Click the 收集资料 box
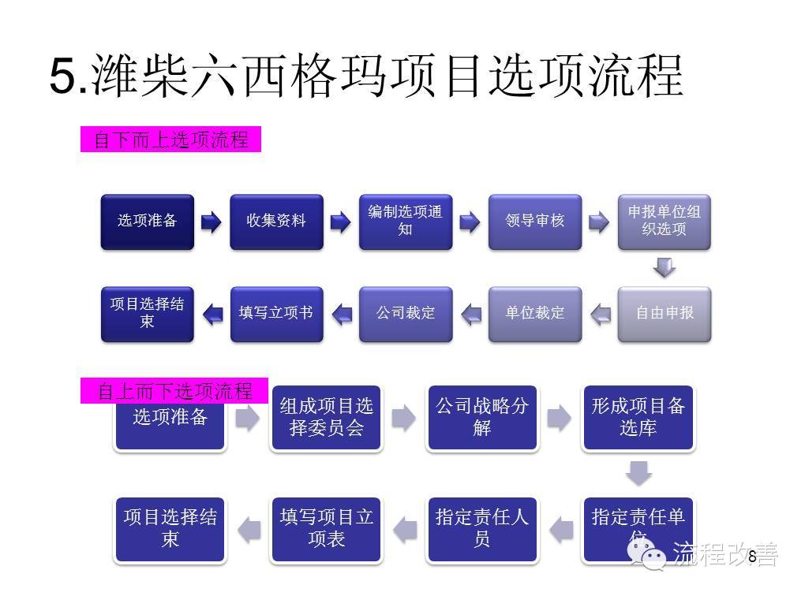[276, 222]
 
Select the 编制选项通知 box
[406, 222]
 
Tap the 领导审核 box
[535, 222]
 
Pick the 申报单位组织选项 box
[664, 222]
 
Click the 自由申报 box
[664, 314]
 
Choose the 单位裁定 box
[535, 314]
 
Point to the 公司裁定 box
[406, 314]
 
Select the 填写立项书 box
[276, 314]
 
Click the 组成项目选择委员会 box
[326, 418]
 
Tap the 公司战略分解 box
[482, 418]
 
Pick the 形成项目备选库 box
[638, 418]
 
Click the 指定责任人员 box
[482, 529]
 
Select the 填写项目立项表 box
[326, 529]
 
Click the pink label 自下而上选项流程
[170, 140]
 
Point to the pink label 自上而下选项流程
[174, 391]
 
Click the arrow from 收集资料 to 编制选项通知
[340, 222]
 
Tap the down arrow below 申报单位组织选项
[665, 268]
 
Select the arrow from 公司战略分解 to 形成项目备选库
[559, 418]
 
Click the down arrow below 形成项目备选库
[638, 474]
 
